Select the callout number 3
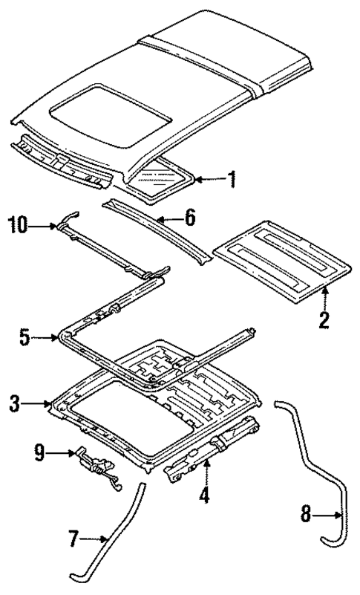pos(15,405)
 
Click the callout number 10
pos(19,224)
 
